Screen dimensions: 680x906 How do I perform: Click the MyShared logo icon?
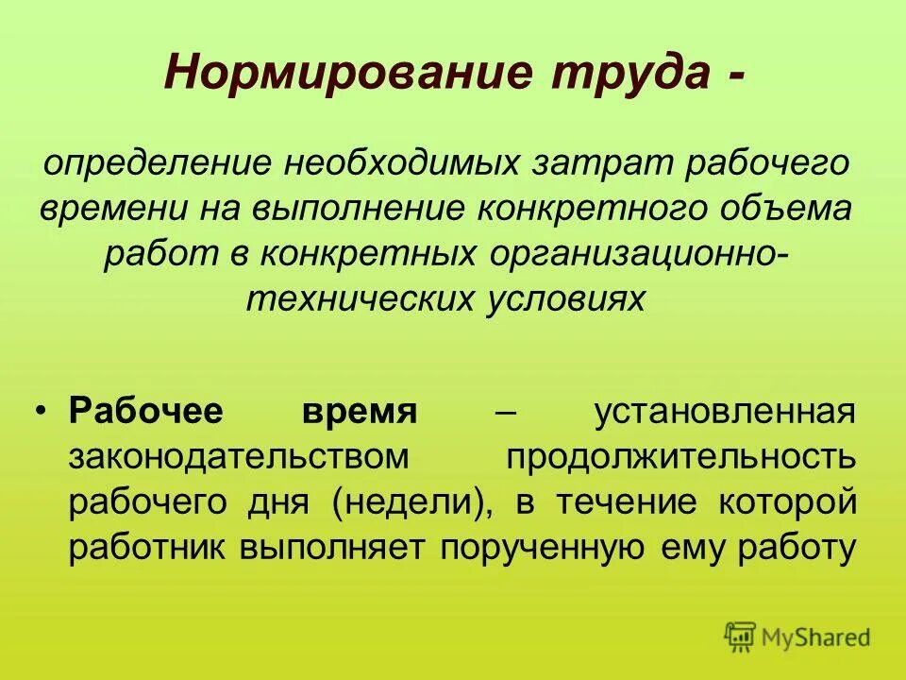point(740,637)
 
